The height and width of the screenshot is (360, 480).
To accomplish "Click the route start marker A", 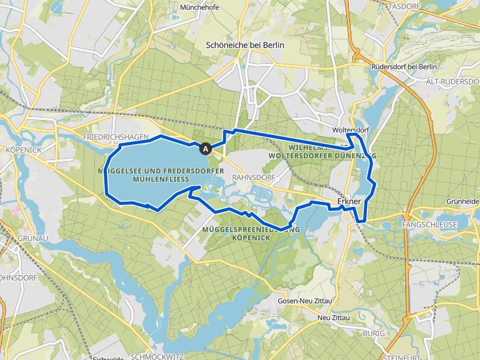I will tap(205, 149).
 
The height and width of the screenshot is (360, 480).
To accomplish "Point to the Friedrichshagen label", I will tap(115, 136).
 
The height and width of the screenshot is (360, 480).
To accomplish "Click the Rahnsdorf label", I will tap(249, 177).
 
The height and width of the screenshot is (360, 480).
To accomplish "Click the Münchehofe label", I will tap(198, 8).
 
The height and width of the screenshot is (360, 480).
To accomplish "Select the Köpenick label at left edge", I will tap(21, 151).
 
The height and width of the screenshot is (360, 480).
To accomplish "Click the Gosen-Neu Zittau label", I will tap(303, 301).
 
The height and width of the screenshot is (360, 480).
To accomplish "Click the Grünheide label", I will tap(463, 201).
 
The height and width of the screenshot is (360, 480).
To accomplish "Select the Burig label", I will tap(374, 334).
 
